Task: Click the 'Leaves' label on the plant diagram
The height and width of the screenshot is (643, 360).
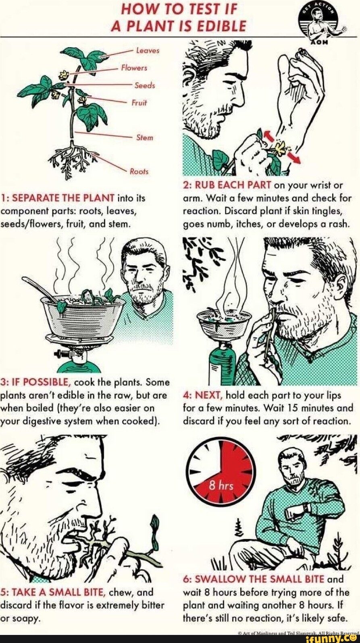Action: click(148, 50)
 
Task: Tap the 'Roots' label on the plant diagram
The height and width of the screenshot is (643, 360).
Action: click(139, 171)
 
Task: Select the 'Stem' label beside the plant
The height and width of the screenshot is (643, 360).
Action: click(144, 137)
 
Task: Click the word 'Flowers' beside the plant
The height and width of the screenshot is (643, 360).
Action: click(134, 68)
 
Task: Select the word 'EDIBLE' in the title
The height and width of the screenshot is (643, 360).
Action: click(220, 26)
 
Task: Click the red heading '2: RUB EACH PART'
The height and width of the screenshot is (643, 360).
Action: click(228, 186)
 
